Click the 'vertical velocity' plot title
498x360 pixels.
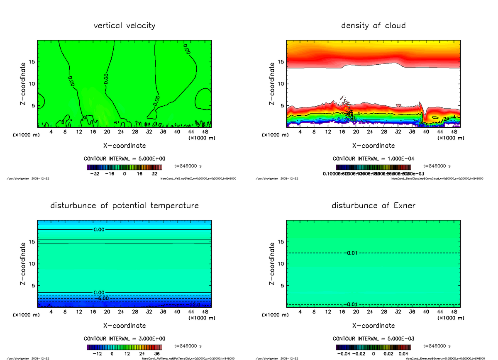click(x=124, y=26)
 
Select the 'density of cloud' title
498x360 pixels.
click(x=373, y=26)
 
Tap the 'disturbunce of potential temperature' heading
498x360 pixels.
click(x=124, y=206)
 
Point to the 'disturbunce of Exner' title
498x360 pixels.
click(x=373, y=206)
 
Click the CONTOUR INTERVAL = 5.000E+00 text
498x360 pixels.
click(x=124, y=159)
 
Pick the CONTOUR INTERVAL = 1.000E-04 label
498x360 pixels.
click(x=373, y=159)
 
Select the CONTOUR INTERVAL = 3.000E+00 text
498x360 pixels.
click(x=124, y=339)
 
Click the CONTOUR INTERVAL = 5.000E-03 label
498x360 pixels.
click(x=373, y=339)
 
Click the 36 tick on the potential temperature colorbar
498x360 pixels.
click(x=157, y=354)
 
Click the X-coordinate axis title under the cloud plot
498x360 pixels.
click(x=373, y=146)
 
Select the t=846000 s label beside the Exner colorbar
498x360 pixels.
click(x=437, y=346)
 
